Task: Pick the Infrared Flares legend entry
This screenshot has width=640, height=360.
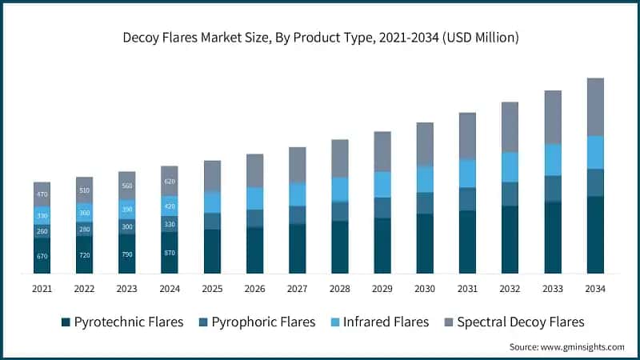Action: [x=379, y=322]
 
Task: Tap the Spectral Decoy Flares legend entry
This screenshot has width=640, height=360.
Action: [x=513, y=322]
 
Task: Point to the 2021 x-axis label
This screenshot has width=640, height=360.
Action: [x=42, y=288]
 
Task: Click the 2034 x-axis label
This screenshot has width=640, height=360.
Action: [x=595, y=288]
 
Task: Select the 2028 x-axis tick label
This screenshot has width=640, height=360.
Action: [x=340, y=288]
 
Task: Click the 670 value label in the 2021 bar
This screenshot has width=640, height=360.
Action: [x=42, y=256]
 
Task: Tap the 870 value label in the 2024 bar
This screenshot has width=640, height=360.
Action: [x=170, y=253]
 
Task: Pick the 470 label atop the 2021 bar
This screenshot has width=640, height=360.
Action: [x=42, y=194]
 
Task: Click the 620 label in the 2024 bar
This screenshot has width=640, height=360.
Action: [x=170, y=181]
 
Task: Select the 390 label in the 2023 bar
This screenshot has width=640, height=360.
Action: [x=127, y=210]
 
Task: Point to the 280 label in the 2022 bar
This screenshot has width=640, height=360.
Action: [x=84, y=228]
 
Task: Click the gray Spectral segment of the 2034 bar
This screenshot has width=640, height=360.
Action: [x=595, y=106]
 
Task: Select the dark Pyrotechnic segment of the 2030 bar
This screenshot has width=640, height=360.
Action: [x=425, y=243]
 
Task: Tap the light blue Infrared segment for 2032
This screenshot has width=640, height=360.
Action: [x=510, y=166]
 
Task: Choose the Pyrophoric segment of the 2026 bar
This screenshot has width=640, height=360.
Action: [x=254, y=218]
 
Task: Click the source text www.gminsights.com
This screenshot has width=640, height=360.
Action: [x=567, y=346]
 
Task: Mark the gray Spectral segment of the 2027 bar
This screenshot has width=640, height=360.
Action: [x=298, y=165]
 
